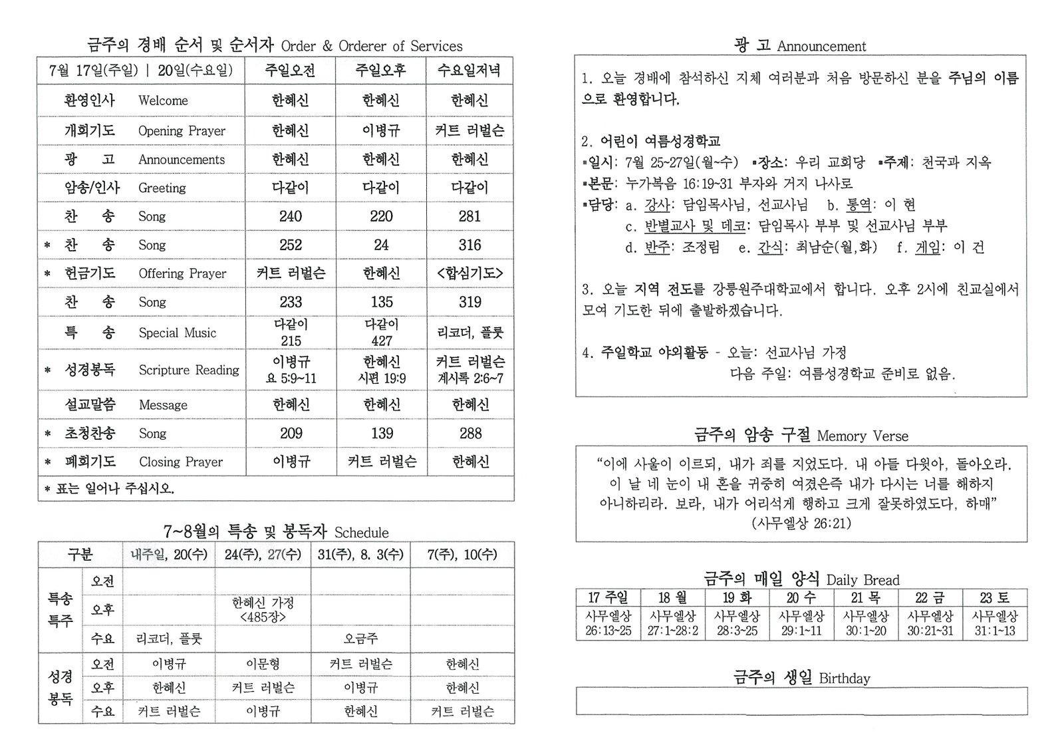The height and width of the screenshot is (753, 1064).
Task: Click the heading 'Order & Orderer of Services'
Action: (x=371, y=46)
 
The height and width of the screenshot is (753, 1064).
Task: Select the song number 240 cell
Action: (x=291, y=216)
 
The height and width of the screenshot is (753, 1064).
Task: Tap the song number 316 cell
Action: (x=469, y=245)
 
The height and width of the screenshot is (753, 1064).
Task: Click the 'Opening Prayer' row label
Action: (x=182, y=131)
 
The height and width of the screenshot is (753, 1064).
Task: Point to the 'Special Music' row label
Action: (x=178, y=333)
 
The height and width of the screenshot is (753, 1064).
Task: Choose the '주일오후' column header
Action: (x=381, y=71)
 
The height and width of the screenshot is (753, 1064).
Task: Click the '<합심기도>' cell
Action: (x=469, y=273)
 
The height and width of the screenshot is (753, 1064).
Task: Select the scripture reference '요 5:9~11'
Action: (x=291, y=378)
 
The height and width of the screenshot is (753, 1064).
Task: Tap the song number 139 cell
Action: (x=382, y=434)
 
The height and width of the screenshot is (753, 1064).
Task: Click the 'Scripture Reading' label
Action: (x=189, y=370)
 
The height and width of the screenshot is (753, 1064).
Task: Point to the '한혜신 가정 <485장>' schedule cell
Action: (x=263, y=609)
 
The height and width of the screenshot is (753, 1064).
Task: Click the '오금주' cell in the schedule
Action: (x=360, y=639)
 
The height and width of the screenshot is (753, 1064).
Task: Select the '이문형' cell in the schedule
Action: (x=263, y=664)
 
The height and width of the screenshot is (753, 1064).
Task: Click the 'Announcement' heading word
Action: (x=821, y=47)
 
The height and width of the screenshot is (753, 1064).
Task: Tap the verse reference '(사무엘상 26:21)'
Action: (x=801, y=523)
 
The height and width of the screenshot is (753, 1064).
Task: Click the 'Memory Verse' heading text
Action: (x=863, y=436)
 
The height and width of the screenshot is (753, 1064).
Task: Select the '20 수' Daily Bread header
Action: (x=801, y=597)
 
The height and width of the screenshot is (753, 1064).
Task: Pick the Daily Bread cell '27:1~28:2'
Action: (x=673, y=631)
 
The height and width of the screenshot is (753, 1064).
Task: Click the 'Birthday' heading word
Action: (x=845, y=678)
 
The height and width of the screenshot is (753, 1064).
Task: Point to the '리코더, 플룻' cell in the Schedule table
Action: (x=169, y=639)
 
